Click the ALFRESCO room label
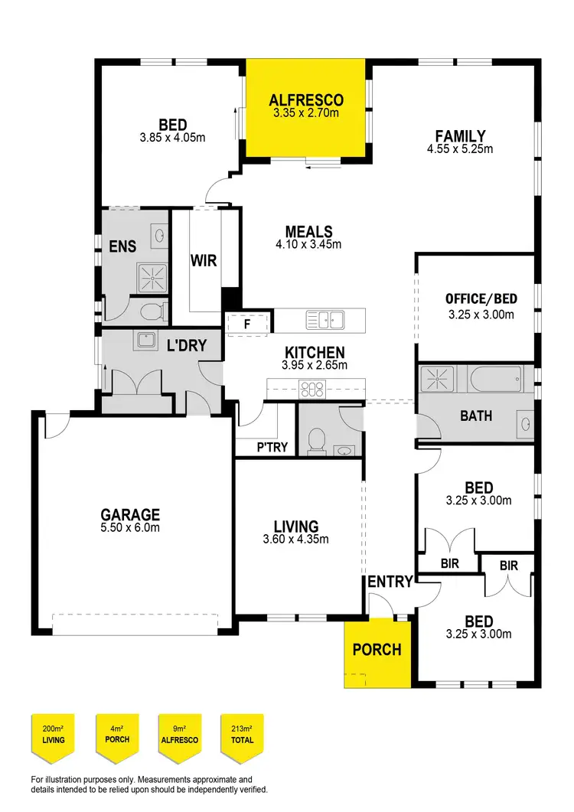coord(307,100)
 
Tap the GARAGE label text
coord(130,514)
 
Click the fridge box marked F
coord(247,324)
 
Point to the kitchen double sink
coord(327,319)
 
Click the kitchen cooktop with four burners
coord(313,389)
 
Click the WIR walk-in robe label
coord(204,261)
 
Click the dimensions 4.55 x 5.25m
coord(459,149)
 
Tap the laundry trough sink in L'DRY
coord(144,339)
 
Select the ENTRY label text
coord(390,582)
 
